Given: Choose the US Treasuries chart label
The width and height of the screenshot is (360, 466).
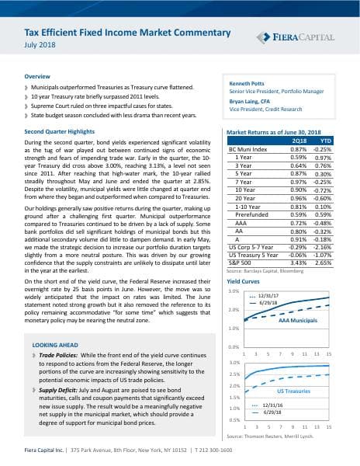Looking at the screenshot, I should pyautogui.click(x=294, y=392).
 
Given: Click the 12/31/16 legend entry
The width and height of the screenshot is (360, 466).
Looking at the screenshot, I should pyautogui.click(x=273, y=405).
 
